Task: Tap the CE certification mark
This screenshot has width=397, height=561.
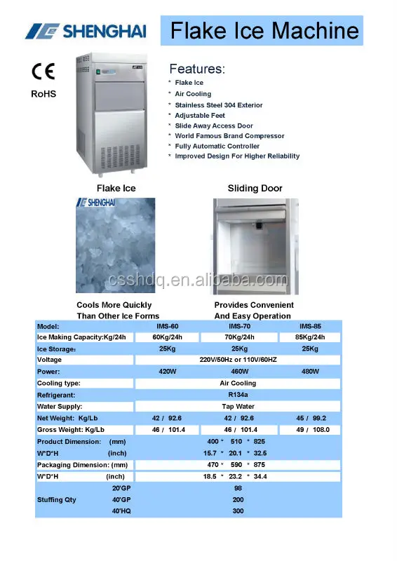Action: point(43,73)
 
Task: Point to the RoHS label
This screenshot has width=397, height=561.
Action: point(43,94)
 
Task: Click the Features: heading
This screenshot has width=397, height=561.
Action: point(197,69)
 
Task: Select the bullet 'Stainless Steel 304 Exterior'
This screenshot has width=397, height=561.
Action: point(219,105)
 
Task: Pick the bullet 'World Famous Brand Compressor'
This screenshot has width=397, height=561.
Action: point(229,136)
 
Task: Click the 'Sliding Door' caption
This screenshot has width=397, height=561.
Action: point(255,189)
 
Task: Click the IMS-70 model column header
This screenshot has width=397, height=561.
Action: point(238,326)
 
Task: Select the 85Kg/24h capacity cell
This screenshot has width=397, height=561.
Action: point(309,337)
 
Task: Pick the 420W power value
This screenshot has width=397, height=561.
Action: point(168,372)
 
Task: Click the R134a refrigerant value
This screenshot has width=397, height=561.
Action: point(238,395)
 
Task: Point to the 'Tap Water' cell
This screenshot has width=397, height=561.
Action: point(238,406)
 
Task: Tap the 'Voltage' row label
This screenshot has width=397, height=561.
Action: point(49,360)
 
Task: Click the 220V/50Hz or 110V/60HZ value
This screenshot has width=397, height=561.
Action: point(238,360)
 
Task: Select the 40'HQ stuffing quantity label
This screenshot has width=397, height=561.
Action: point(121,511)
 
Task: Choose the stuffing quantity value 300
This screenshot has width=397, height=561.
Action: point(238,511)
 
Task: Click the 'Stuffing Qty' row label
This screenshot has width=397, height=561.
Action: point(57,500)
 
